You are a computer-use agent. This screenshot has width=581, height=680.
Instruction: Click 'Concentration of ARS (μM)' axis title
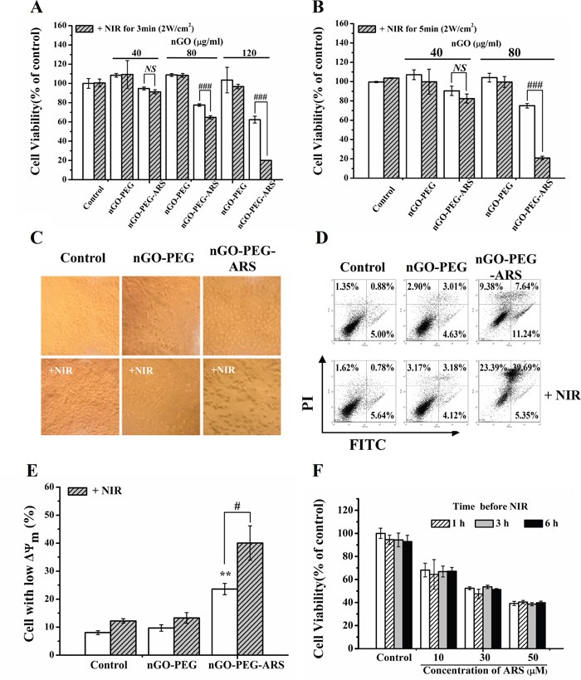coord(483,669)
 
